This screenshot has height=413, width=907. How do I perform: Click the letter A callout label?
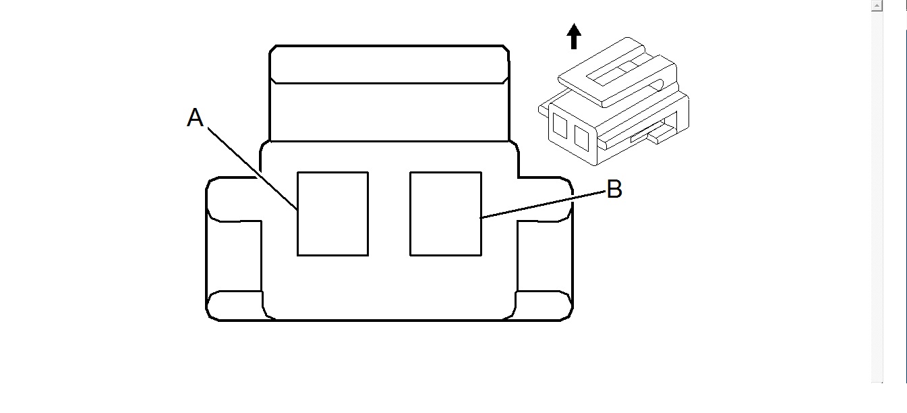click(x=195, y=119)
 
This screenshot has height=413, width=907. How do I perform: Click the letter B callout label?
click(x=614, y=190)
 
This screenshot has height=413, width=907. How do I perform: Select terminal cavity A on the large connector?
click(x=332, y=214)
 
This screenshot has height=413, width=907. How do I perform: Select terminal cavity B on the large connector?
click(x=446, y=214)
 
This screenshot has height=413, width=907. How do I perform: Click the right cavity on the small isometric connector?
click(x=581, y=137)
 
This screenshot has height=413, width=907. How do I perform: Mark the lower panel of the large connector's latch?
click(x=389, y=112)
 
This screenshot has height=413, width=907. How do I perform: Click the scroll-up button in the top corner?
click(x=876, y=6)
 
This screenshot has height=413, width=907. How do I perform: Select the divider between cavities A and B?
click(x=389, y=214)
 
